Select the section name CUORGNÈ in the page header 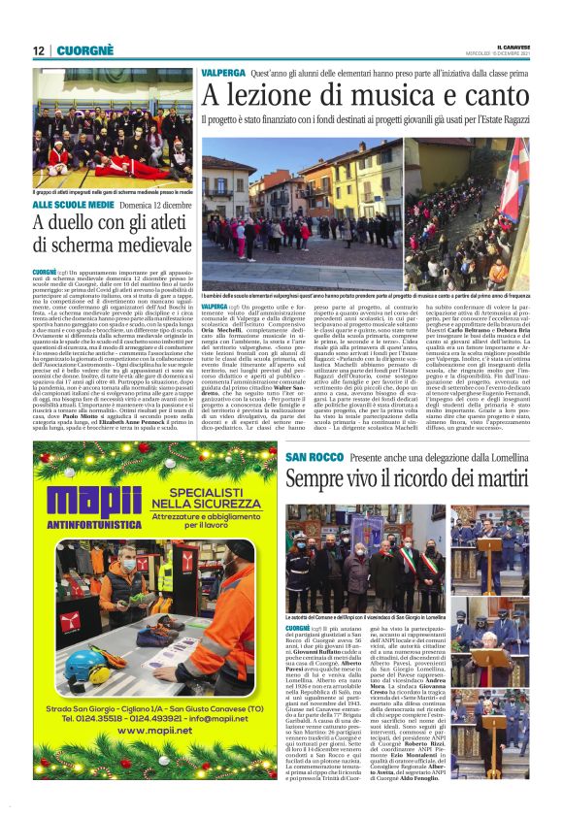(83, 50)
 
